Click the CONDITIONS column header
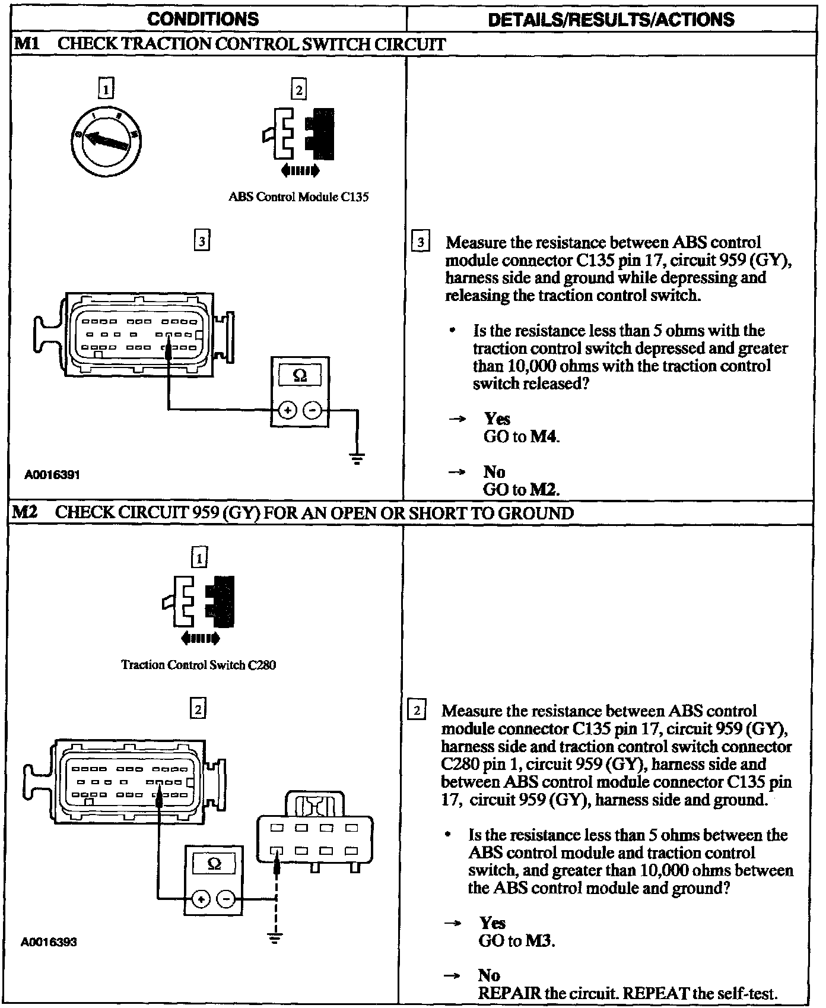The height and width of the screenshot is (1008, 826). point(203,19)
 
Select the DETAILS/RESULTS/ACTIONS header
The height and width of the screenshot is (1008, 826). point(611,20)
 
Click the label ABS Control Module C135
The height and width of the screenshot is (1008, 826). point(298,197)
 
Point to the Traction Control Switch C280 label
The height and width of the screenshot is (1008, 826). point(198,665)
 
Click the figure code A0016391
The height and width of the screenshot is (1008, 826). point(52,474)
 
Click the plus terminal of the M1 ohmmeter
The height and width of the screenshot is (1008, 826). point(288,410)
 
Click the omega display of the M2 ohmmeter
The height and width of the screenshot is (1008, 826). point(214,864)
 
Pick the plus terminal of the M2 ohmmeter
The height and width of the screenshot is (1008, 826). point(201,900)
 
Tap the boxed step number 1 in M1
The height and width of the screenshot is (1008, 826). point(106,89)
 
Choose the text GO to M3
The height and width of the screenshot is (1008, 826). point(517,941)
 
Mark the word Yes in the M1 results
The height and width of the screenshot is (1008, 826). point(497,419)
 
